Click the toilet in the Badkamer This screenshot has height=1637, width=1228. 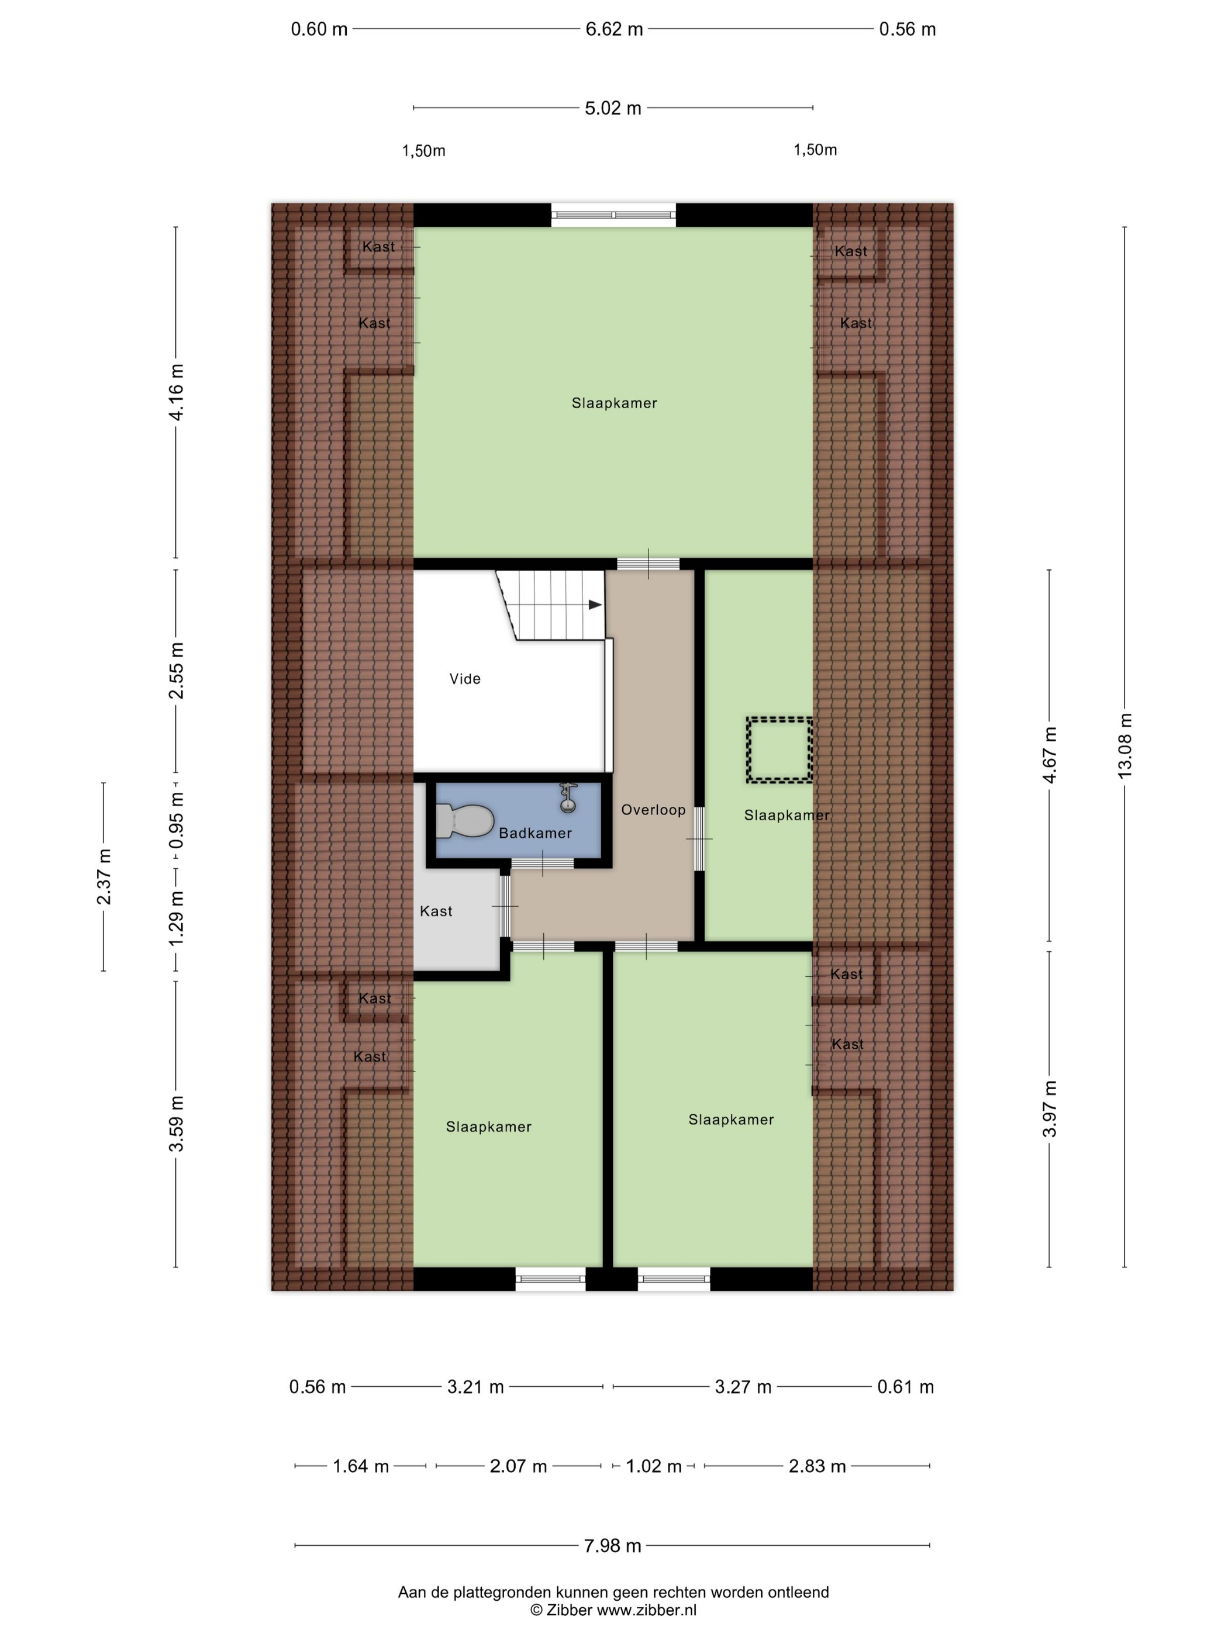tap(464, 821)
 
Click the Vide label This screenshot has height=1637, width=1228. tap(465, 679)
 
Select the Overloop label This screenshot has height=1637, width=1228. tap(653, 810)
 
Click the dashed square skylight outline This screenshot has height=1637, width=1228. tap(779, 750)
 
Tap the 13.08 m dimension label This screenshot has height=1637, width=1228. tap(1124, 745)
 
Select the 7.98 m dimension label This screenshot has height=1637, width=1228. tap(612, 1545)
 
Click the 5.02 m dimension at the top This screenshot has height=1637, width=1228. tap(613, 108)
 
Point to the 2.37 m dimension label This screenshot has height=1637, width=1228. tap(104, 876)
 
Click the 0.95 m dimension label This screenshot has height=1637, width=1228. tap(176, 821)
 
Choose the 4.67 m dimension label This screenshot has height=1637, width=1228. tap(1050, 754)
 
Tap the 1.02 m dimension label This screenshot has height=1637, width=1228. tap(654, 1466)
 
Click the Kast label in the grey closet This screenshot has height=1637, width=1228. tap(436, 911)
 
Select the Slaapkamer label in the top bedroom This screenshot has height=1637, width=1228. tap(615, 403)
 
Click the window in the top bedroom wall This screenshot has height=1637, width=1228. tap(613, 215)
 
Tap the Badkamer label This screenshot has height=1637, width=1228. tap(535, 833)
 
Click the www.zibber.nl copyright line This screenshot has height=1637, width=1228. tap(613, 1610)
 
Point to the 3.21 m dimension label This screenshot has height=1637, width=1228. tap(475, 1387)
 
